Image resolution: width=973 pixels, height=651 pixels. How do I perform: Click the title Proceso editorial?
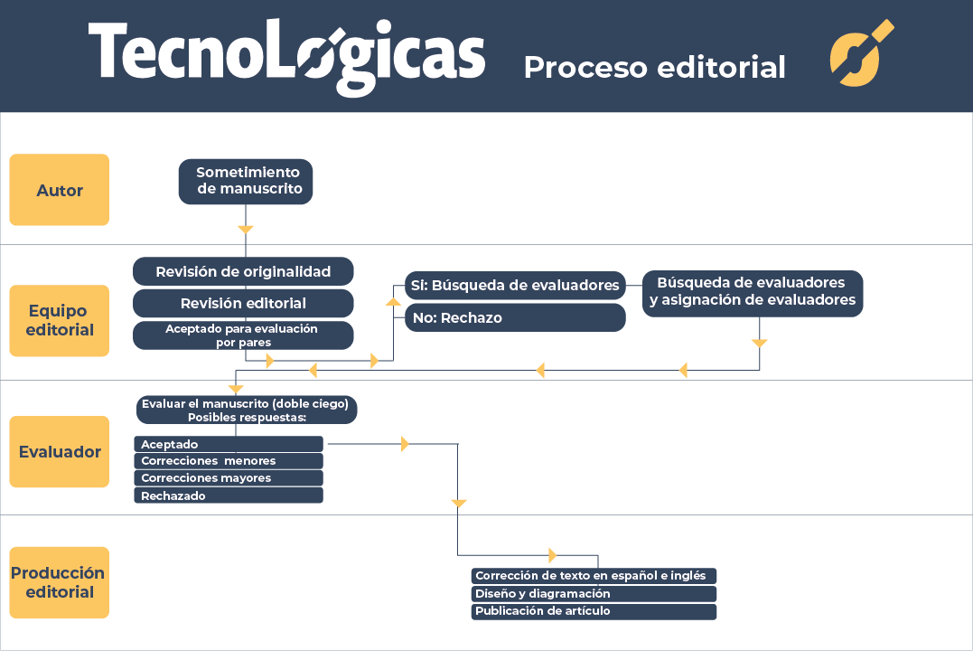coord(654,67)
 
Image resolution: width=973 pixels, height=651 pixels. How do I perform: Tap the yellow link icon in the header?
coord(861,54)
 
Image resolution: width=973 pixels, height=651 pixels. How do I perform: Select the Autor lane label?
coord(60,190)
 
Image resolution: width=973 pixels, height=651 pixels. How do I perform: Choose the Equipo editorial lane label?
coord(60,320)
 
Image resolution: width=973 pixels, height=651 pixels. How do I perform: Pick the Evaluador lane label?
coord(60,451)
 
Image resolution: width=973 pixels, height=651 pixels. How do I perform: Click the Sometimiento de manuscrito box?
coord(247,181)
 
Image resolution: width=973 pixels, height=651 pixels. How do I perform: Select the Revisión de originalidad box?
coord(243,271)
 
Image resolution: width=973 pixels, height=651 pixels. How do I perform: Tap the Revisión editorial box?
coord(243,303)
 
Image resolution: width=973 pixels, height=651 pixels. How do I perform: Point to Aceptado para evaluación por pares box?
coord(243,335)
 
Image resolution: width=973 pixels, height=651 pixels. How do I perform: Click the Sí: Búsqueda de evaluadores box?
coord(515,286)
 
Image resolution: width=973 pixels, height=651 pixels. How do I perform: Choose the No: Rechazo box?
coord(515,317)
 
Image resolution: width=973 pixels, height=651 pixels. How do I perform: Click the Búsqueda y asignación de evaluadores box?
coord(753,292)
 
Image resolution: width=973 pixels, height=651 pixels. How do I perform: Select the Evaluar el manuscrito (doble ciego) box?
coord(246,410)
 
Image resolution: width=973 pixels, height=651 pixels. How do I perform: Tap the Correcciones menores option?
coord(229,461)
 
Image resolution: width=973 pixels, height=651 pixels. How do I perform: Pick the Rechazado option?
coord(229,495)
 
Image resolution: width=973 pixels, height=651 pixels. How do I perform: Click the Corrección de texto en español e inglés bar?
coord(594,576)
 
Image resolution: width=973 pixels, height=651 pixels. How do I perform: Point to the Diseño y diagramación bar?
coord(594,594)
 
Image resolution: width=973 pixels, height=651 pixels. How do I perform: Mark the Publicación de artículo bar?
coord(594,611)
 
